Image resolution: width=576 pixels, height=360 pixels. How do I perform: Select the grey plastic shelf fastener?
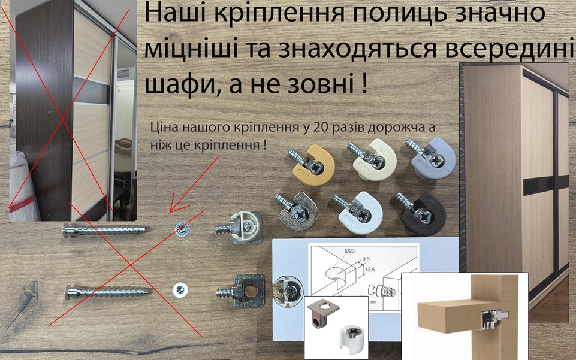coord(432,158)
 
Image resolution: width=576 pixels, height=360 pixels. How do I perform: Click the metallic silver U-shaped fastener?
coord(296,210)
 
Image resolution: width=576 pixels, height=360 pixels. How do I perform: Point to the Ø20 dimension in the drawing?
coord(349,251)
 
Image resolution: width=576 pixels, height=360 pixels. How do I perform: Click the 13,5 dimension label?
coord(370,270)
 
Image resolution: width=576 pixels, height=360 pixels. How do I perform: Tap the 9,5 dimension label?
coord(366,259)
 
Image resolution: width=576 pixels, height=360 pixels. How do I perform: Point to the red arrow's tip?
coord(170,211)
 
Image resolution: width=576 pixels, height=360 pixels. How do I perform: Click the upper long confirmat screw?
coord(104,231)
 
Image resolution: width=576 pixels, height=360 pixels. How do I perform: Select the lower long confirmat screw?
coord(107,292)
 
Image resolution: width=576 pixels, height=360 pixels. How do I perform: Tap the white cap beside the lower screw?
coord(180,289)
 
